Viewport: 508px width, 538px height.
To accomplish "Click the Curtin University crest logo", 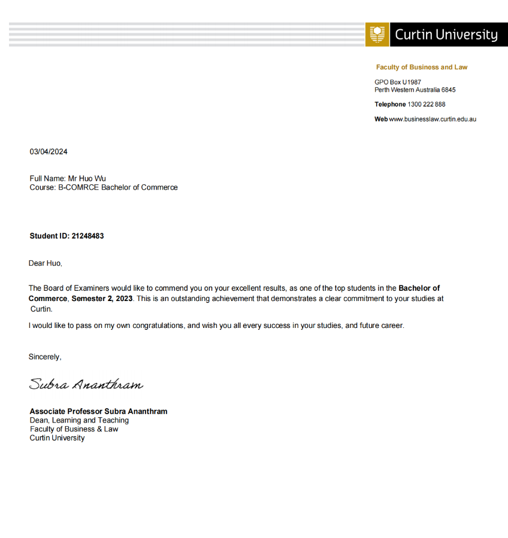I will [377, 35].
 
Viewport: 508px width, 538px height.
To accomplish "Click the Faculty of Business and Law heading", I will [422, 67].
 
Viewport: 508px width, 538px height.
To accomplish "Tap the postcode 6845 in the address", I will [448, 90].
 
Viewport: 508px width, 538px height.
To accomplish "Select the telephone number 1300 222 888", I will [427, 104].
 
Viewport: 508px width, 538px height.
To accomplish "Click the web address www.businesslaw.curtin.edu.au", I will [433, 119].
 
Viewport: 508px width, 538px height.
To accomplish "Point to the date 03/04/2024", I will [49, 151].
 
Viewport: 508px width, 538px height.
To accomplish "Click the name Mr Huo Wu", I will [87, 178].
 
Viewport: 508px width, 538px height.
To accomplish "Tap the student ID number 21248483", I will [87, 236].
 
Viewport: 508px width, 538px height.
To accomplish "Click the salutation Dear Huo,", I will [46, 263].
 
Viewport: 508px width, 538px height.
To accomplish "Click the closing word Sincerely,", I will [45, 357].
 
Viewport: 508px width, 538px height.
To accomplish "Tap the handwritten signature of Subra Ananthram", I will [86, 384].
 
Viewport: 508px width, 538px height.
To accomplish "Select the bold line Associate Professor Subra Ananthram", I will [99, 411].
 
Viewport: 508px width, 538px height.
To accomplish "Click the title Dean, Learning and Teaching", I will [79, 420].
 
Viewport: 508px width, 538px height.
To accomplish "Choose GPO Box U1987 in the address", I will [398, 82].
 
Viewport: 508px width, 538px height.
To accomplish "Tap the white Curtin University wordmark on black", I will [446, 35].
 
